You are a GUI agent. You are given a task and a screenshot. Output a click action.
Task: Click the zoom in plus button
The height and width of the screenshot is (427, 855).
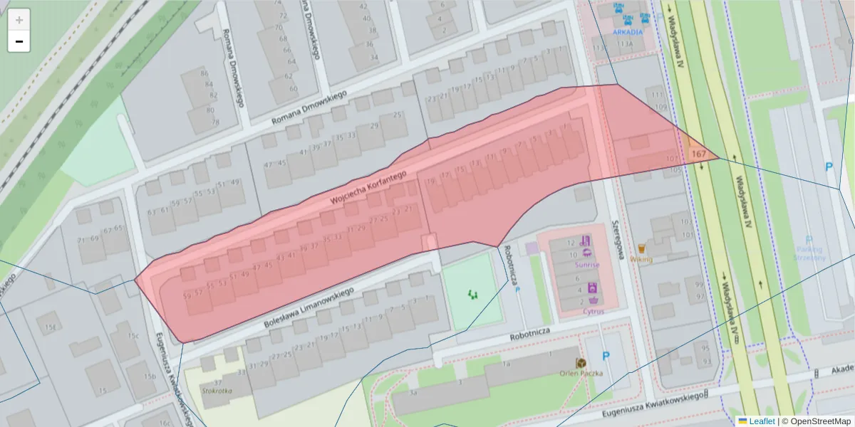pos(19,20)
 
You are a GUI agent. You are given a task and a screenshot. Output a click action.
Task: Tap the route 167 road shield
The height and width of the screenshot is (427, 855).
pos(698,154)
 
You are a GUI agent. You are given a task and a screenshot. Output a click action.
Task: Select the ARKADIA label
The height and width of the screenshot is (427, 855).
pos(628,32)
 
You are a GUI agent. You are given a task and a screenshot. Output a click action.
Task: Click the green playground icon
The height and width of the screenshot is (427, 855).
pos(472,293)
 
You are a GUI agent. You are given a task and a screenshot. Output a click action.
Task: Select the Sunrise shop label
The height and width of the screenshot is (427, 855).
pos(587,265)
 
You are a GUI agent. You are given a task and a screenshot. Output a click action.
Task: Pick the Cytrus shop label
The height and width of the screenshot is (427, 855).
pos(593,311)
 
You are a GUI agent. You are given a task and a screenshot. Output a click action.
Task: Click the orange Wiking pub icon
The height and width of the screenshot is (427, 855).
pos(641,249)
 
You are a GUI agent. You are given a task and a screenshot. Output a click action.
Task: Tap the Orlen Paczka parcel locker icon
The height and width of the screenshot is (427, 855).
pos(581,363)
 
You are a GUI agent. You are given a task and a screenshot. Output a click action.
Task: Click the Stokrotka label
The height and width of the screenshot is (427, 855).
pos(217,390)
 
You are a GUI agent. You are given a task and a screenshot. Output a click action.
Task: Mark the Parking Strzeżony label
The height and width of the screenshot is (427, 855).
pos(809,253)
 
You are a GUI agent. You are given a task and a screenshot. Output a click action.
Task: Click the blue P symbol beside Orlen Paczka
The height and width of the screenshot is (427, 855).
pos(606,356)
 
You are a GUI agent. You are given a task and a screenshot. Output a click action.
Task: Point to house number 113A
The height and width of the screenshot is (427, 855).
pos(625,43)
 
